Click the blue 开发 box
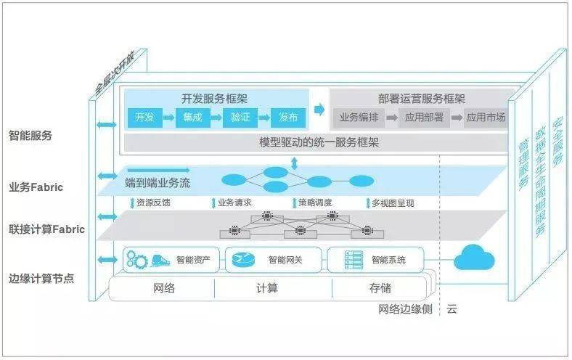click(145, 118)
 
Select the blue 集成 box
click(192, 118)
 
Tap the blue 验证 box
click(240, 118)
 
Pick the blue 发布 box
click(288, 118)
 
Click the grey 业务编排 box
click(359, 118)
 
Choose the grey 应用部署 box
click(424, 118)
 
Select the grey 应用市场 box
click(486, 118)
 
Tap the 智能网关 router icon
click(242, 260)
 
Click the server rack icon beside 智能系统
click(354, 260)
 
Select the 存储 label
click(380, 288)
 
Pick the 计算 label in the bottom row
click(267, 288)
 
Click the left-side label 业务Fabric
click(36, 187)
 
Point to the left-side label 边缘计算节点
click(41, 279)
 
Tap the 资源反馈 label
click(153, 202)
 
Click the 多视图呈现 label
click(393, 203)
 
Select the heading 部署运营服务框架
click(421, 99)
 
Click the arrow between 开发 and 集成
click(168, 118)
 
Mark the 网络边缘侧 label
click(405, 309)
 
